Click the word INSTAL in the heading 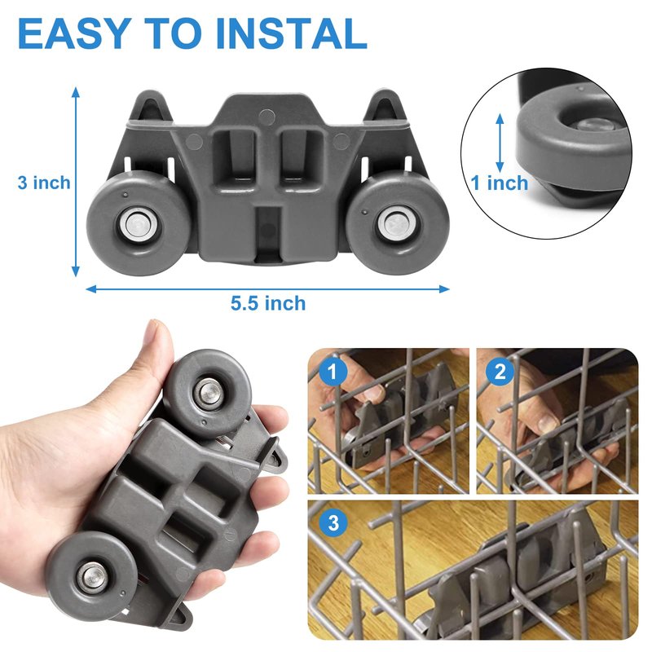pos(291,33)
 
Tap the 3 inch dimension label pos(44,183)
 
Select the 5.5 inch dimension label pos(268,303)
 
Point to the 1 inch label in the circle pos(499,183)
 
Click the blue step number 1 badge pos(333,372)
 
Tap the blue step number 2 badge pos(500,371)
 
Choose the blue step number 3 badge pos(333,522)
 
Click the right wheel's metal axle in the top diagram pos(394,224)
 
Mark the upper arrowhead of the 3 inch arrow pos(75,92)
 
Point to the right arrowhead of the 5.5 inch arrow pos(444,289)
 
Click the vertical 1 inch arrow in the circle pos(500,143)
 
